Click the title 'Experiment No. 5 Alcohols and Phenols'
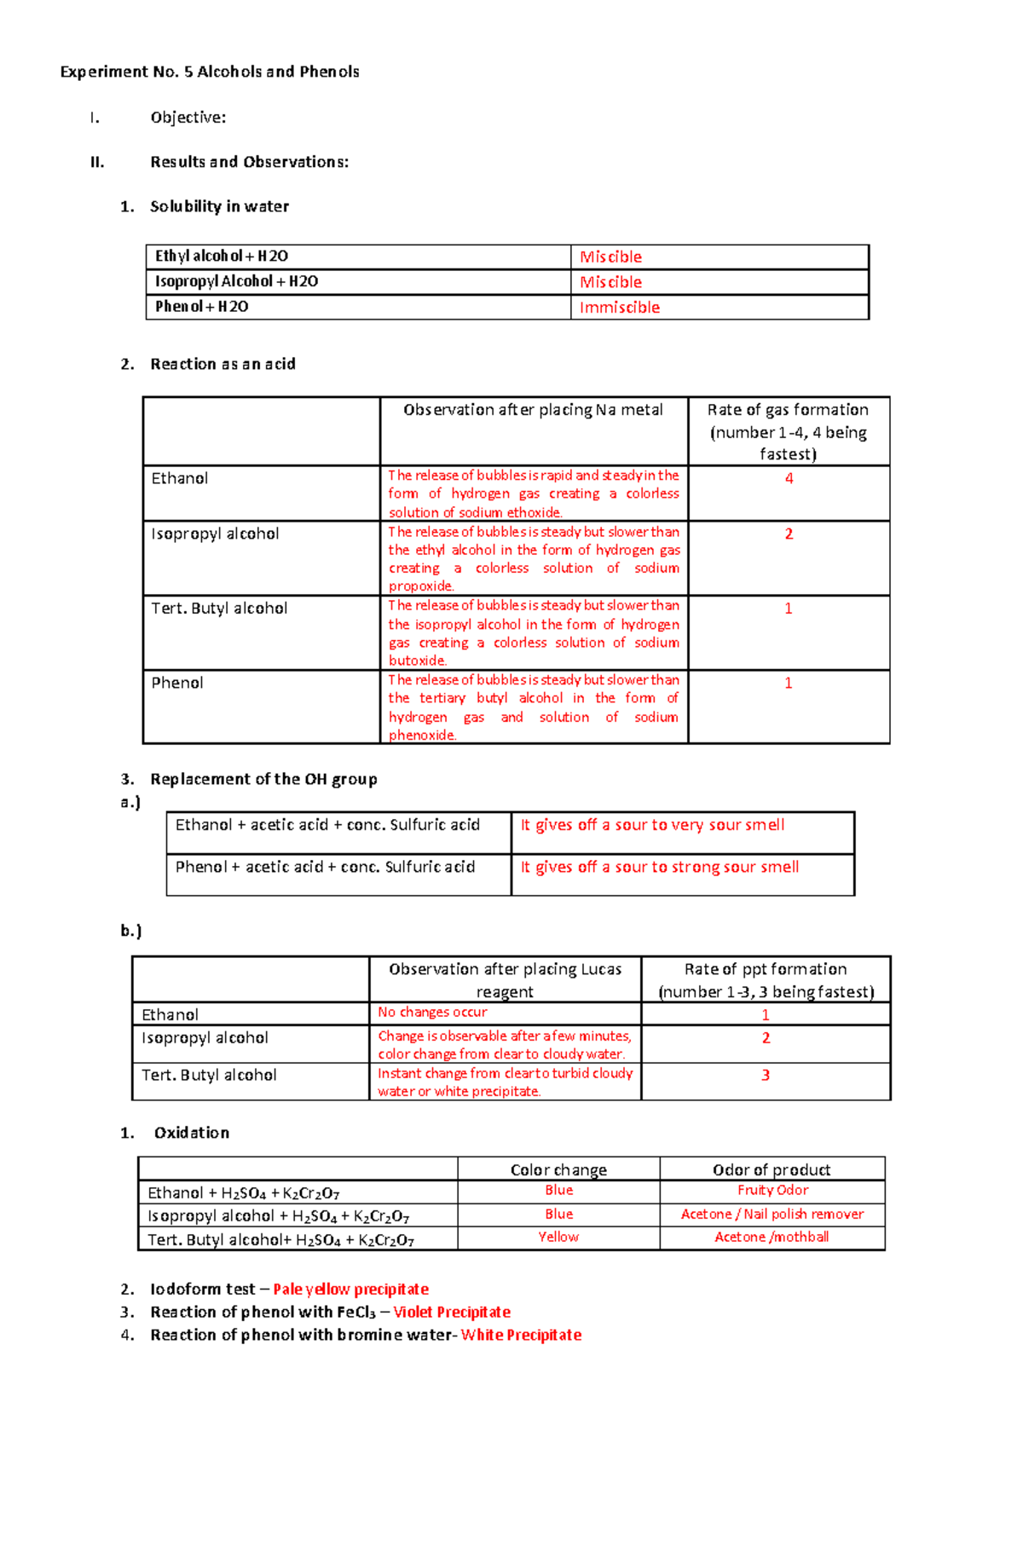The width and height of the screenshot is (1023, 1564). click(x=210, y=72)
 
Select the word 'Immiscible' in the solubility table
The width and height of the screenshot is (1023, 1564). click(x=619, y=308)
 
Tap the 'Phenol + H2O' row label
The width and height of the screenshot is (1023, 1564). click(x=202, y=307)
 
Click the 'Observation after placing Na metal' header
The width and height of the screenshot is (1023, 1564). click(x=533, y=410)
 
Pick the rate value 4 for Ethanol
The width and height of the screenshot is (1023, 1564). click(x=789, y=478)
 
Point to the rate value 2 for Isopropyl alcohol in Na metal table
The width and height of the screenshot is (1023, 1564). click(x=789, y=534)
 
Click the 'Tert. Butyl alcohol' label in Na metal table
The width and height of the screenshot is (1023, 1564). click(x=219, y=609)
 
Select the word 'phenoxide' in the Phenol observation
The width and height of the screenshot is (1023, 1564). click(x=422, y=736)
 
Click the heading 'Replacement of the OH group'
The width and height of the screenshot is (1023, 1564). click(x=263, y=779)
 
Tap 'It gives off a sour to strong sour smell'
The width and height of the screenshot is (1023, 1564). click(x=659, y=867)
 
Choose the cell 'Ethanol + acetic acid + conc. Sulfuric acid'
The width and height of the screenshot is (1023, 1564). click(x=327, y=825)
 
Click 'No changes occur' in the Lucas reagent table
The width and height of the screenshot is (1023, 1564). click(x=432, y=1012)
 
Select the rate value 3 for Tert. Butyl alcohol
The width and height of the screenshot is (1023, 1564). click(x=766, y=1075)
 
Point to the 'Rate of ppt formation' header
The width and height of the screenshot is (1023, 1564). click(x=766, y=970)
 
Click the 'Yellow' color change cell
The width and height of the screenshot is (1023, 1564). click(x=558, y=1237)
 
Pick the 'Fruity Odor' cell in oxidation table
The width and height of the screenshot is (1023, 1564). click(x=772, y=1190)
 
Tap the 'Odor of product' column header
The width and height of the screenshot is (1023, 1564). click(x=772, y=1169)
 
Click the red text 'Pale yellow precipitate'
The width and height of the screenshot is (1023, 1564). click(x=350, y=1290)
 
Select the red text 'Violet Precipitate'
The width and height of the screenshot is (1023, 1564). click(x=452, y=1313)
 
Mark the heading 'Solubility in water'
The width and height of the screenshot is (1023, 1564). click(x=219, y=206)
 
